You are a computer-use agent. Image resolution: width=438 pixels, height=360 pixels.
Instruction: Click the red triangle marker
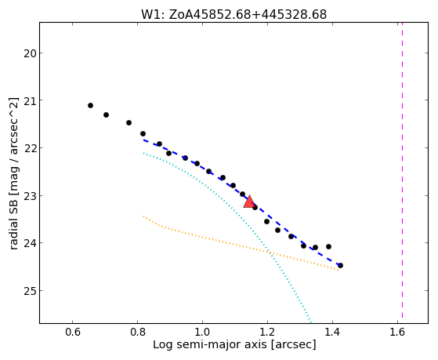pyautogui.click(x=248, y=202)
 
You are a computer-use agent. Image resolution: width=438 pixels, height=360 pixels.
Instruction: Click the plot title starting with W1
pyautogui.click(x=233, y=14)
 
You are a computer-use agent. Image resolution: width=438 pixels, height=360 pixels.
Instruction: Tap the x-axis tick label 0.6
pyautogui.click(x=72, y=332)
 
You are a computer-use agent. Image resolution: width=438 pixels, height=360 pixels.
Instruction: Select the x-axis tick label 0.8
pyautogui.click(x=137, y=332)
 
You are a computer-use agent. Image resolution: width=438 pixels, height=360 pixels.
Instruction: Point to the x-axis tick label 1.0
pyautogui.click(x=202, y=332)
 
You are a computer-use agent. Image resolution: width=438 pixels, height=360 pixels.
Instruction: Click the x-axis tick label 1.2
pyautogui.click(x=267, y=332)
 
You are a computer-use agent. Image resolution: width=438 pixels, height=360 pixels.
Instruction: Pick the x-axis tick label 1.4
pyautogui.click(x=332, y=332)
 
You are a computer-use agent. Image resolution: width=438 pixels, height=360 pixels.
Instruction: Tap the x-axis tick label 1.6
pyautogui.click(x=397, y=332)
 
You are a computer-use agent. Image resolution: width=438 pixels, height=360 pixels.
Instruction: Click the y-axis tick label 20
pyautogui.click(x=30, y=53)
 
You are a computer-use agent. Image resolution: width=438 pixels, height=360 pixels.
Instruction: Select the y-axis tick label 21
pyautogui.click(x=30, y=100)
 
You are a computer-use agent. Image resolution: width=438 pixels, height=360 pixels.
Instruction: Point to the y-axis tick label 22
pyautogui.click(x=30, y=147)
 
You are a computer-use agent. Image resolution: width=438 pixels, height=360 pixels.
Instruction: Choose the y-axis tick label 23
pyautogui.click(x=30, y=195)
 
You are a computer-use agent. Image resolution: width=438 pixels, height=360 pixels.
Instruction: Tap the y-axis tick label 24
pyautogui.click(x=30, y=243)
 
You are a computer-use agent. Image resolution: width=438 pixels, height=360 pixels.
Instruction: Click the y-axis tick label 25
pyautogui.click(x=30, y=291)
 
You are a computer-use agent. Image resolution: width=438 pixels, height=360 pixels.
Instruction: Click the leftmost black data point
pyautogui.click(x=90, y=105)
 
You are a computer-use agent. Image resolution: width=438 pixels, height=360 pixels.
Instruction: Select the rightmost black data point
pyautogui.click(x=340, y=265)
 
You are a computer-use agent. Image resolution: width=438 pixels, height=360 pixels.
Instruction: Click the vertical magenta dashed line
pyautogui.click(x=402, y=170)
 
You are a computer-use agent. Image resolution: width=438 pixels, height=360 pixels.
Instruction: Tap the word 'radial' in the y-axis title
pyautogui.click(x=14, y=235)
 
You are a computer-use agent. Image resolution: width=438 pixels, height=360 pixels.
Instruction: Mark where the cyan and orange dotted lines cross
pyautogui.click(x=269, y=253)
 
